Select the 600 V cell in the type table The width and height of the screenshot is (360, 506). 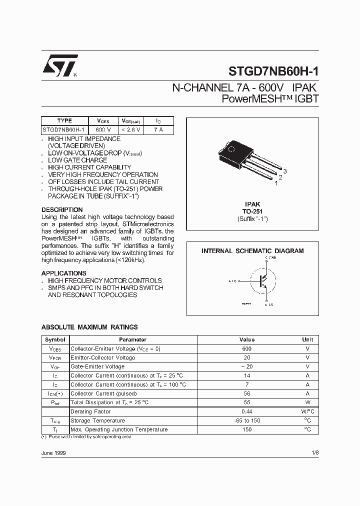103,129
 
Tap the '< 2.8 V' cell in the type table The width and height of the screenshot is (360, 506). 131,129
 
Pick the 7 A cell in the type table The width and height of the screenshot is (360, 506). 158,129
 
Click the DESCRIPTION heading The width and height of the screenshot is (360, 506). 62,209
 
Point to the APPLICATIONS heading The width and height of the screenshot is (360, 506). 64,273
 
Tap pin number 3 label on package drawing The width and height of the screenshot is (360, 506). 284,171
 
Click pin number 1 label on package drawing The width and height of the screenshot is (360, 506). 276,183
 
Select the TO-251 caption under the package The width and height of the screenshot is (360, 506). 252,211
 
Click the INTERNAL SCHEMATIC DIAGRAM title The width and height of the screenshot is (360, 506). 252,251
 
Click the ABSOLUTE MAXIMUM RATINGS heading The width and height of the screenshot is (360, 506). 89,327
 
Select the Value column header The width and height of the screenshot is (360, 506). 247,339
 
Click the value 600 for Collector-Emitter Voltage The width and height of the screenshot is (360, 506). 247,348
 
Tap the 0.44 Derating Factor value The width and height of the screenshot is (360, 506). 247,411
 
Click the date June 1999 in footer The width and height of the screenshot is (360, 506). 53,452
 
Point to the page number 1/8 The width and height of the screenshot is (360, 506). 314,452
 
